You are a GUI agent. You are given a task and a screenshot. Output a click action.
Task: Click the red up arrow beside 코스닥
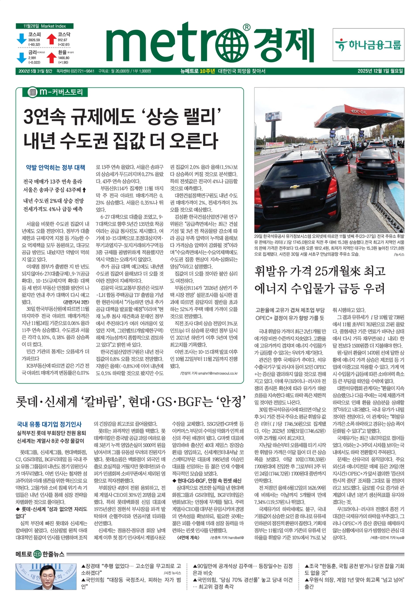pos(51,39)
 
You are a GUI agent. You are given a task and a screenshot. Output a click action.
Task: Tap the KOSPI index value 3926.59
pos(34,40)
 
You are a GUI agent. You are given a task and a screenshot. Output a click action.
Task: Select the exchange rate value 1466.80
pos(64,58)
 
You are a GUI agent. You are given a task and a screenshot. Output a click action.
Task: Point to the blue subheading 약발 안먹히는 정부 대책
pos(55,167)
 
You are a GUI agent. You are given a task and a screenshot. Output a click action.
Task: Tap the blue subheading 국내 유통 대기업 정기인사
pos(49,424)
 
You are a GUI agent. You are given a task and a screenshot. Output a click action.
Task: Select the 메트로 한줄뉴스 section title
pos(40,554)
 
